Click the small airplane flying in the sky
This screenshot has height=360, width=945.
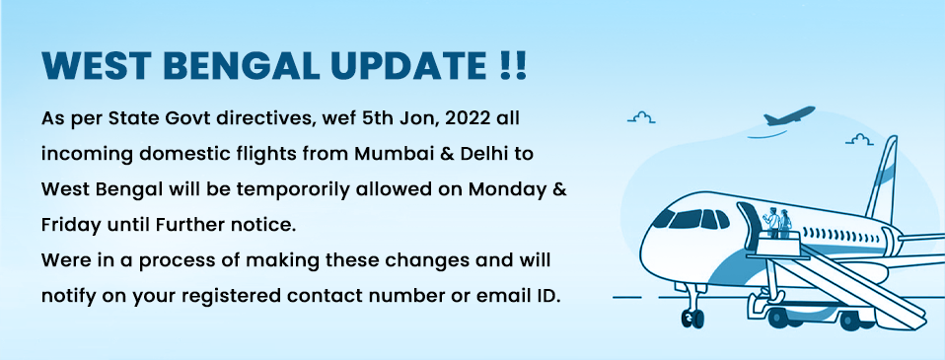click(x=789, y=115)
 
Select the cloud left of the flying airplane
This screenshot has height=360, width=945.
click(x=641, y=117)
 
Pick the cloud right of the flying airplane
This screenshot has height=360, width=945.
click(x=859, y=139)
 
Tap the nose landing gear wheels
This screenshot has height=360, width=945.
click(x=692, y=317)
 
